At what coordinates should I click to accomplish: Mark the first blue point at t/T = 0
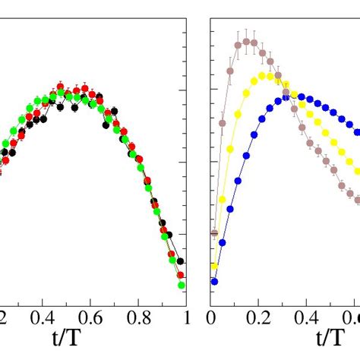[214, 281]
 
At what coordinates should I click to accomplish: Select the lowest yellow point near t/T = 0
[215, 266]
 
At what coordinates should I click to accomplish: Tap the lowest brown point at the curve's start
[214, 233]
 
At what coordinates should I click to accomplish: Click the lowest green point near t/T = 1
[182, 286]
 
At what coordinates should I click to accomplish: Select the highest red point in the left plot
[64, 87]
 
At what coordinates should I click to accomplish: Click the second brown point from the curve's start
[223, 122]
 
